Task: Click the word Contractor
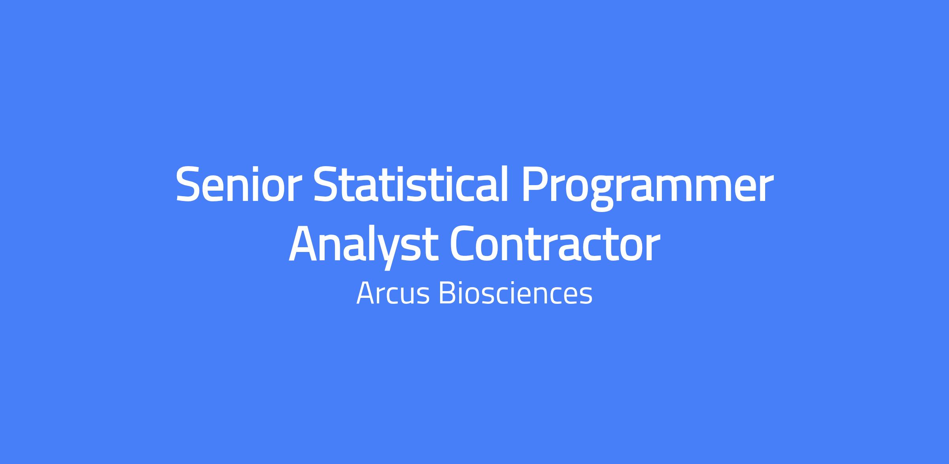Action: pos(556,244)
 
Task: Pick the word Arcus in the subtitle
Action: pos(393,294)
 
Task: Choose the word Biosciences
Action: pos(516,293)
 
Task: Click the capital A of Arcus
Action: pos(367,294)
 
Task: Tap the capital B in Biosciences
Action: pos(448,294)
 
